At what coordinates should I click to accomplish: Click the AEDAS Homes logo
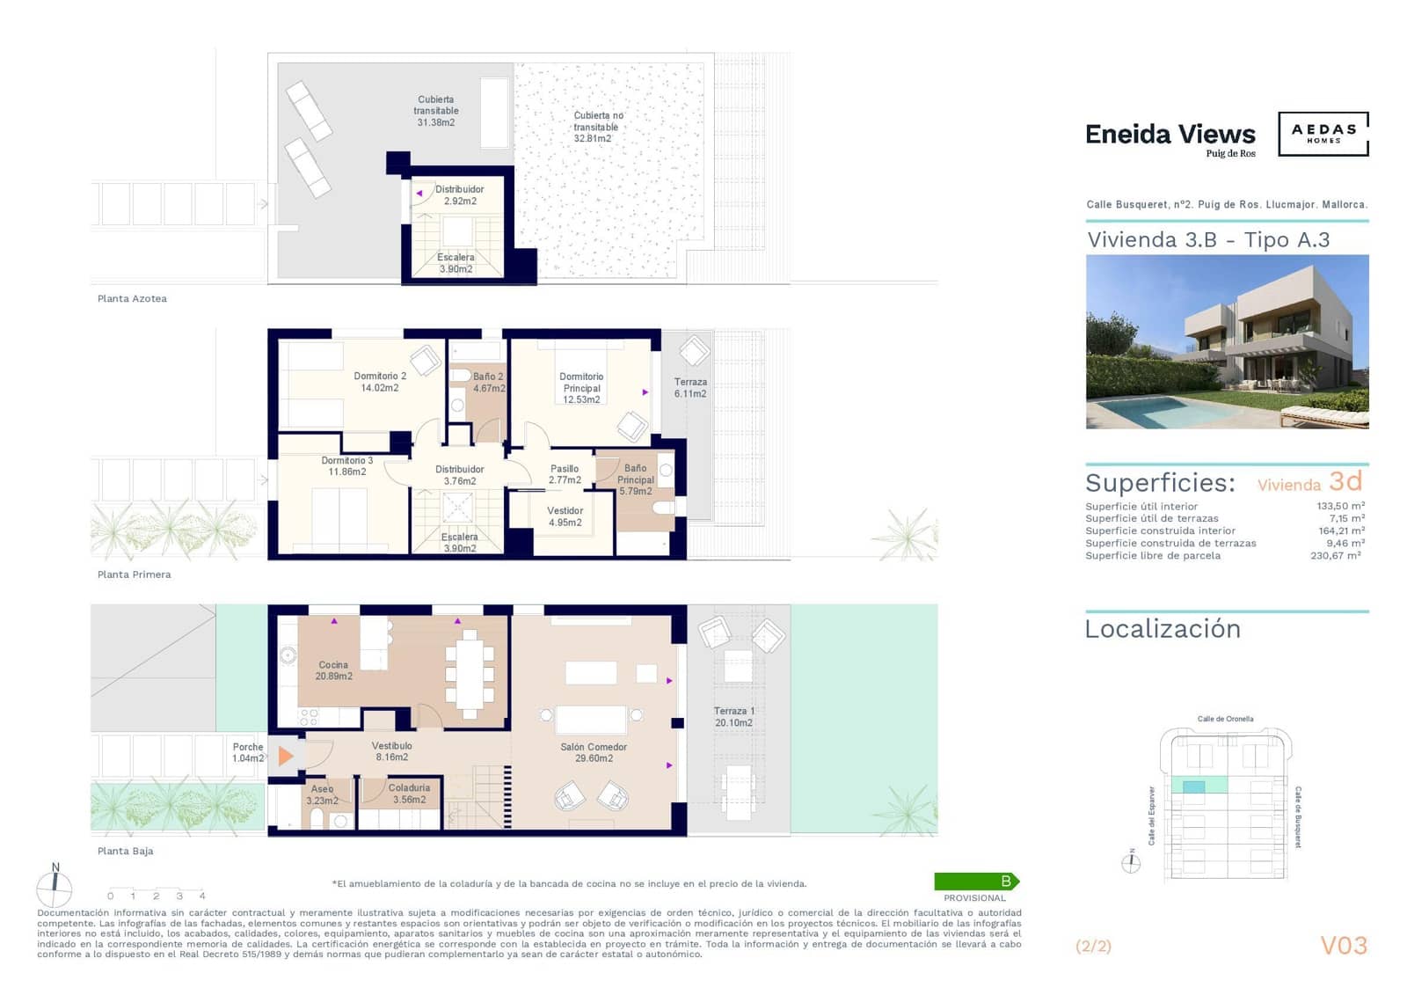point(1323,134)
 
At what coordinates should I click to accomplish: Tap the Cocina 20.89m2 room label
point(333,670)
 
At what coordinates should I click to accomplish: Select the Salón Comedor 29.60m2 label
point(594,752)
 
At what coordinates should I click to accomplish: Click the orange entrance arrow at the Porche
point(285,756)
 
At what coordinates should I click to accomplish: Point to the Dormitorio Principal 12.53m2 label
point(581,388)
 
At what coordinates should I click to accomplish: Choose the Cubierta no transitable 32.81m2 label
point(598,127)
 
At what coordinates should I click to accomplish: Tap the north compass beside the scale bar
point(55,887)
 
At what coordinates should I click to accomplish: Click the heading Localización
point(1163,629)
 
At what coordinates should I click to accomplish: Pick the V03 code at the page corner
point(1344,946)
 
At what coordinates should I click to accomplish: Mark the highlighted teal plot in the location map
point(1193,786)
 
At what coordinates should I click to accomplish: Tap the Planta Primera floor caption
point(134,574)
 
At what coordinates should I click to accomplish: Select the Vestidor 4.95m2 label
point(565,516)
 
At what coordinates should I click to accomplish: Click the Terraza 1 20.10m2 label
point(733,717)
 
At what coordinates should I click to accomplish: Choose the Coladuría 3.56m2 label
point(409,794)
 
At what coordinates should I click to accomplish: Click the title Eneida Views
point(1170,135)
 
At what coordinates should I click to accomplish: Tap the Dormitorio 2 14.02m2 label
point(379,382)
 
